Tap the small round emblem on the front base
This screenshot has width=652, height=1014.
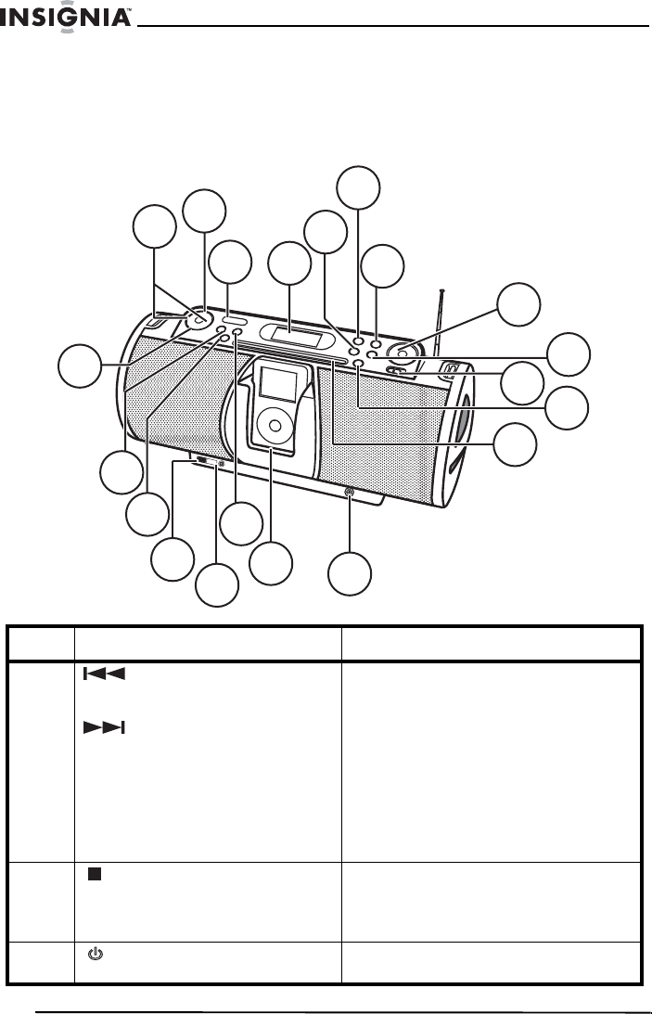coord(350,494)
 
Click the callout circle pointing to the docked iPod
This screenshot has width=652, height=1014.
coord(271,563)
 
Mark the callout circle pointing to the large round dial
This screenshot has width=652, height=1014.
coord(516,305)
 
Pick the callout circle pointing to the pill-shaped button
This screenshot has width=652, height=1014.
coord(230,264)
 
